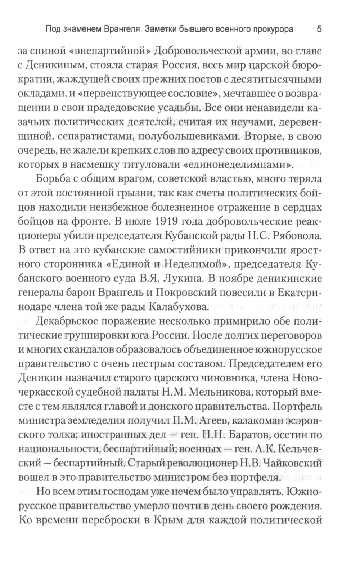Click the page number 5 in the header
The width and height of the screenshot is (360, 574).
319,29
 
